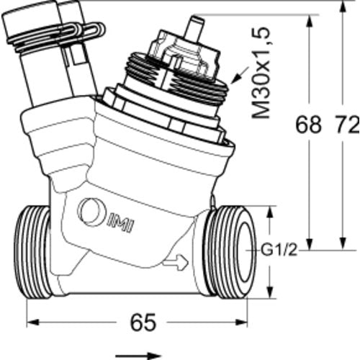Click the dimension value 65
(x=143, y=322)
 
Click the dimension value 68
(x=308, y=125)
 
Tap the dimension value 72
(x=347, y=125)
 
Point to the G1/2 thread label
(x=279, y=251)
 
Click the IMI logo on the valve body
(x=120, y=226)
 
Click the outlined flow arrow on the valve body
(x=176, y=262)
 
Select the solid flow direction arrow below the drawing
(x=138, y=356)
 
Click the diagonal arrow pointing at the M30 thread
(x=240, y=76)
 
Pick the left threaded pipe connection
(x=33, y=252)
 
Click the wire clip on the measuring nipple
(x=56, y=35)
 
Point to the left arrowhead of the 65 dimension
(x=32, y=322)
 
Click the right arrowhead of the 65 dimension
(x=241, y=322)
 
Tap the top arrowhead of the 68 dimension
(x=310, y=21)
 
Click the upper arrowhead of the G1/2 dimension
(x=270, y=212)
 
